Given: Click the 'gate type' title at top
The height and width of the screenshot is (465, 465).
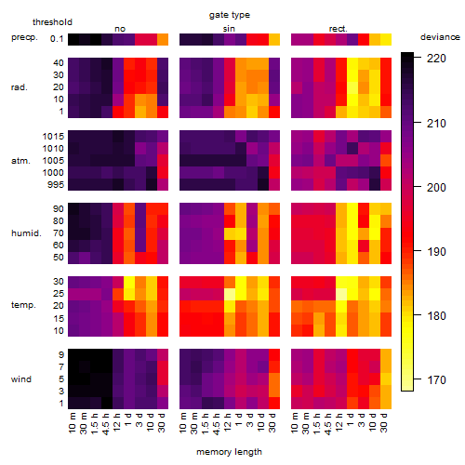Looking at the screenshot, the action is coord(230,15).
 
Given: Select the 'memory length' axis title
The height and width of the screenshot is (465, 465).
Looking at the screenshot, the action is coord(229,452).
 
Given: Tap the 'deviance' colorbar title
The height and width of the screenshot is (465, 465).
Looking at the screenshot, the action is coord(440,37).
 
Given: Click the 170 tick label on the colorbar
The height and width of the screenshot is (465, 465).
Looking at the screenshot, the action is coord(436,379).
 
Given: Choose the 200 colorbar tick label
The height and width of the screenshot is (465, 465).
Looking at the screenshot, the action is coord(436,187).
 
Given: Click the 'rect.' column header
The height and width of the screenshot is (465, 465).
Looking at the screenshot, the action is coord(338,29).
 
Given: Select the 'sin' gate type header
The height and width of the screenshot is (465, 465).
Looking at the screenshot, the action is coord(229,29).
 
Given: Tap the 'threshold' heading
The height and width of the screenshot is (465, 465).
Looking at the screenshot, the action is coord(52,22).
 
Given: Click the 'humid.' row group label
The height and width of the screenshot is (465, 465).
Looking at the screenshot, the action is coord(26,232).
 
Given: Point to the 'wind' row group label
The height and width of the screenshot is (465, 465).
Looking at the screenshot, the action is coord(21,379).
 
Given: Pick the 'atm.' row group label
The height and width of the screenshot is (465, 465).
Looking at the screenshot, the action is coord(20,161).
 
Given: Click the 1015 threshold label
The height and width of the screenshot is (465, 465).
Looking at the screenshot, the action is coord(53,137).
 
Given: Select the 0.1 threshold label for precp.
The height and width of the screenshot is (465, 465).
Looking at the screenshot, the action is coord(57,39).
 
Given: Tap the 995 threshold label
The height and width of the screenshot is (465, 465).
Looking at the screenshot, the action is coord(56,185).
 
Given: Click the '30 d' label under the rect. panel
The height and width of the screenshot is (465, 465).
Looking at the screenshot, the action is coord(384,422).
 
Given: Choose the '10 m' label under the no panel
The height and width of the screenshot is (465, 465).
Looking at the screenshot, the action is coord(72,422).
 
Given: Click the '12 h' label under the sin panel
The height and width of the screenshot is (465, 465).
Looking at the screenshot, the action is coord(228,422).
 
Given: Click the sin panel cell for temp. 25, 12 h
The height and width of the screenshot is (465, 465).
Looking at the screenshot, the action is coord(230,294).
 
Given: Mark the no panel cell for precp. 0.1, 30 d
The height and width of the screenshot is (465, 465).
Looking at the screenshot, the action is coord(163,40).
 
